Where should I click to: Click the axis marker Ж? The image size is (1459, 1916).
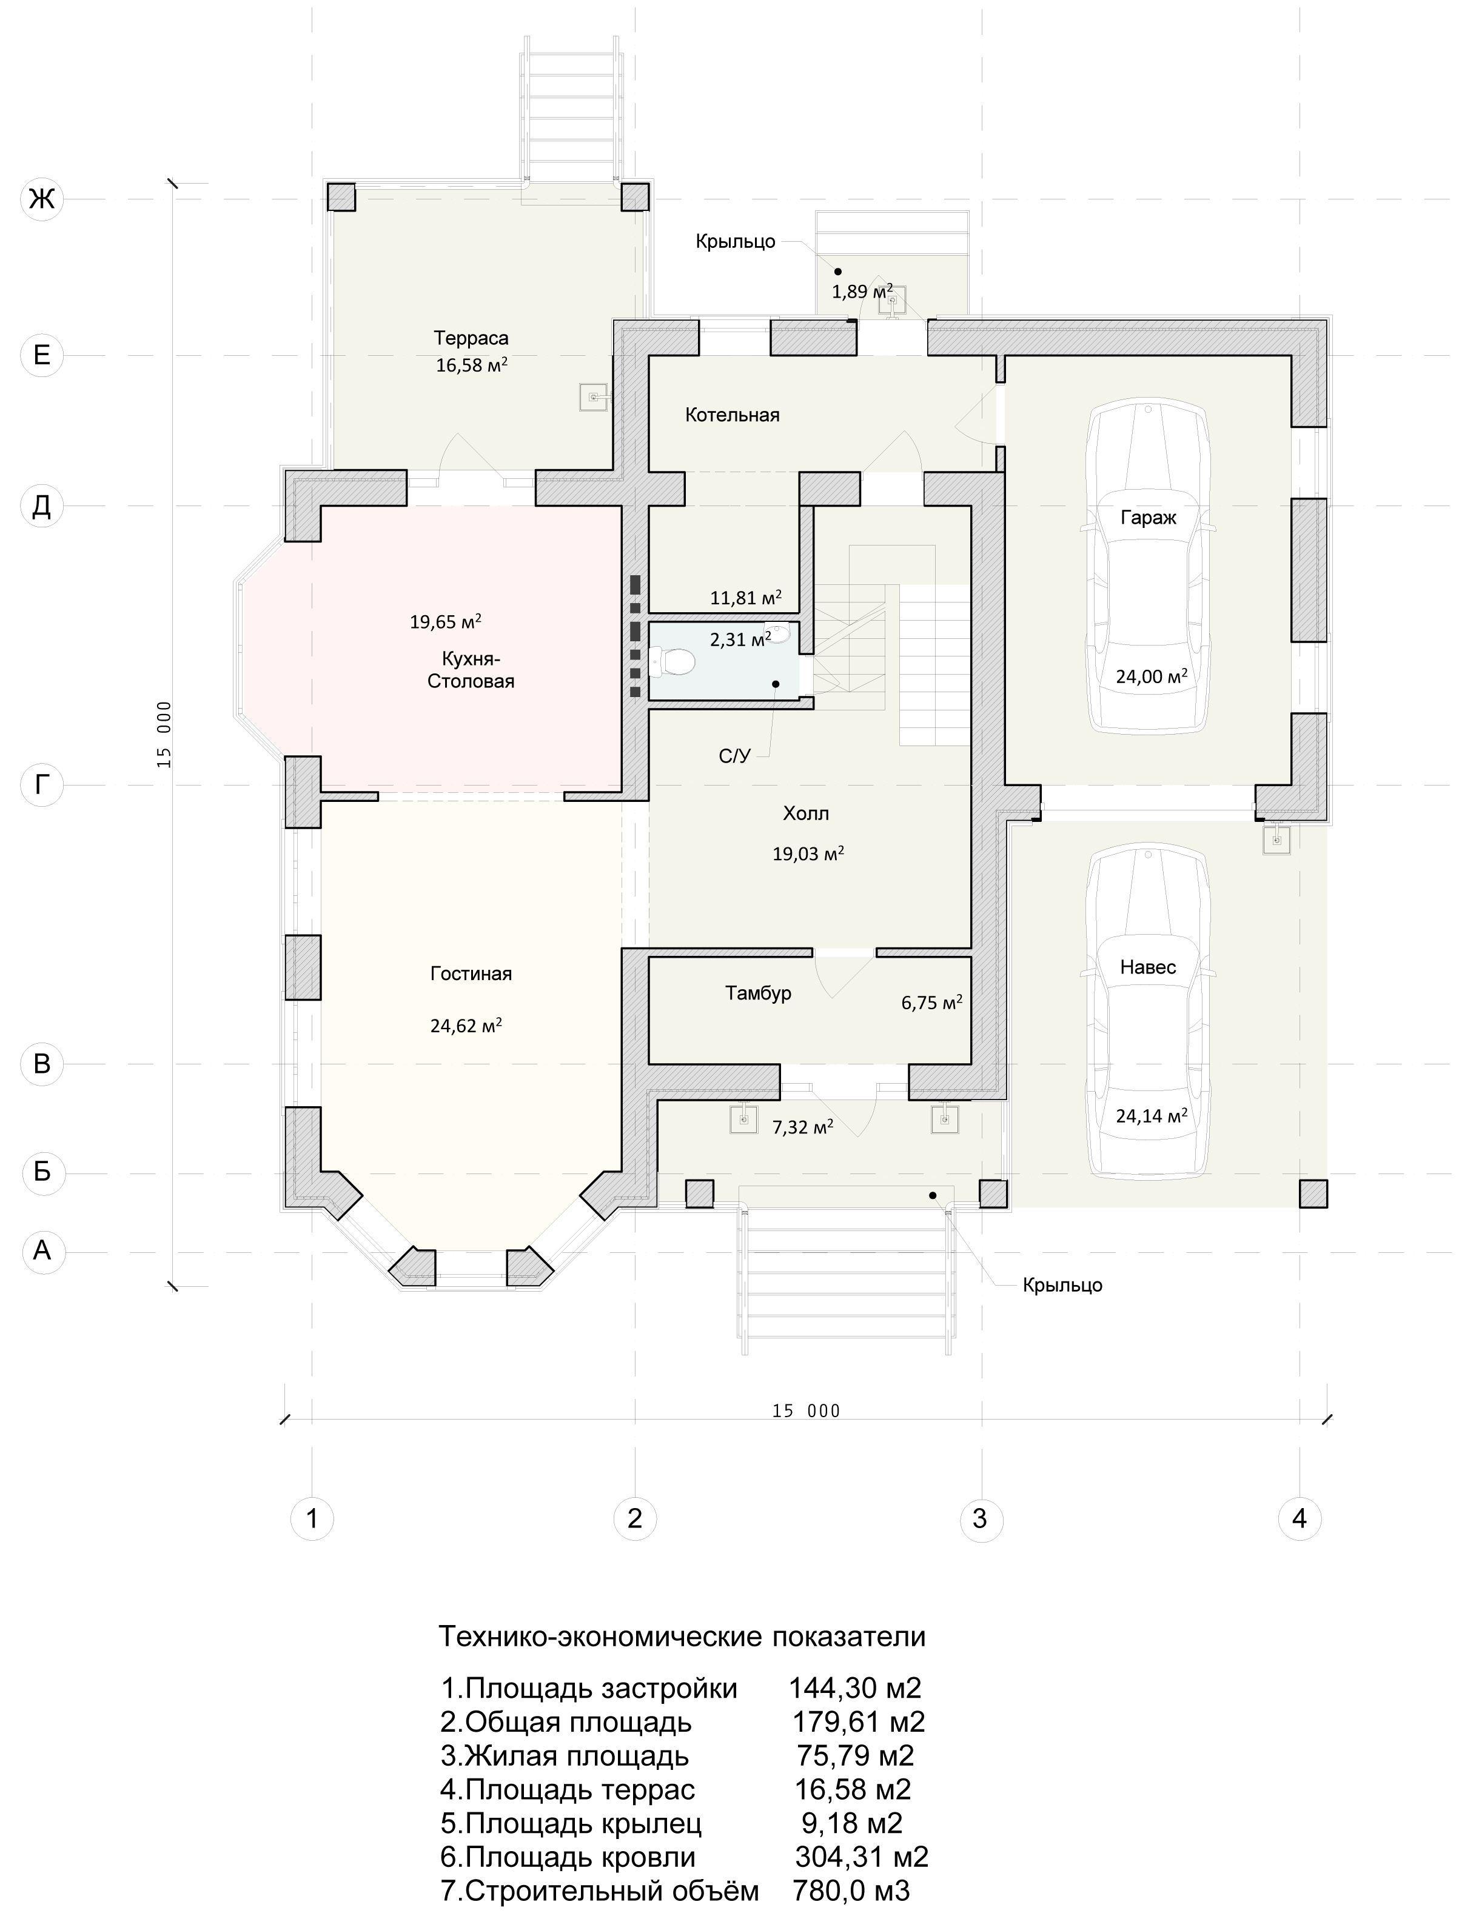42,199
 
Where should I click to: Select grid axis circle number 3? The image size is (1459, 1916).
981,1518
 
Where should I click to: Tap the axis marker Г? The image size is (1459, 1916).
42,785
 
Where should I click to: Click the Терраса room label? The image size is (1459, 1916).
472,338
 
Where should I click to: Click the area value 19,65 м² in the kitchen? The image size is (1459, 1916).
446,621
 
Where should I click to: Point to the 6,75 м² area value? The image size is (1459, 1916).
932,1003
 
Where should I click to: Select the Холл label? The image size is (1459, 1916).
806,813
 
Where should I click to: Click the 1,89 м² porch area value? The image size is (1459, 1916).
862,291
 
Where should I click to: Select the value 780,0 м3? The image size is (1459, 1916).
851,1891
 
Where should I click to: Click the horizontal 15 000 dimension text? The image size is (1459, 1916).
807,1410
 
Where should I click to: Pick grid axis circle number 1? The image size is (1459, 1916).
312,1518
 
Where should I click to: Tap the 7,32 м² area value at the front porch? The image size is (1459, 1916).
802,1127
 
